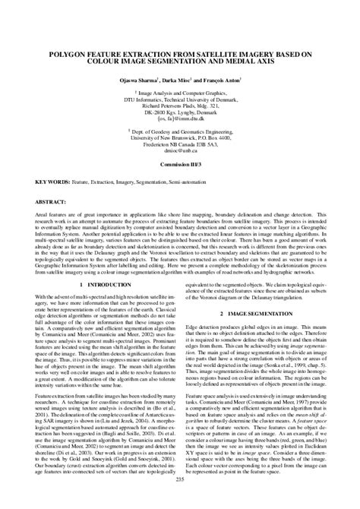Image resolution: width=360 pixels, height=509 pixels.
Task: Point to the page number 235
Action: [180, 498]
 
